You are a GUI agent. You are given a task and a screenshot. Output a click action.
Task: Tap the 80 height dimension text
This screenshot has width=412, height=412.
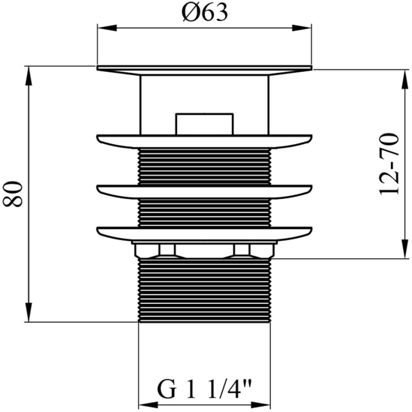coord(12,194)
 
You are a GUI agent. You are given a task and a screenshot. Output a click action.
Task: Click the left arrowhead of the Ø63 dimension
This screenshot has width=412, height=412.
coord(107,28)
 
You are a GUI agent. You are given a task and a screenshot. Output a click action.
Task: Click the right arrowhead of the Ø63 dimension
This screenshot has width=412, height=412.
coord(302,28)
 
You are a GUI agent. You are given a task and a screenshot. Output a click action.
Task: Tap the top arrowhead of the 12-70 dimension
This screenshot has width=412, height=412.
coord(405,80)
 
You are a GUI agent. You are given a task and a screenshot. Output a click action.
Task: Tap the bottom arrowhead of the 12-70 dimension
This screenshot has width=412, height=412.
coord(405,249)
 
